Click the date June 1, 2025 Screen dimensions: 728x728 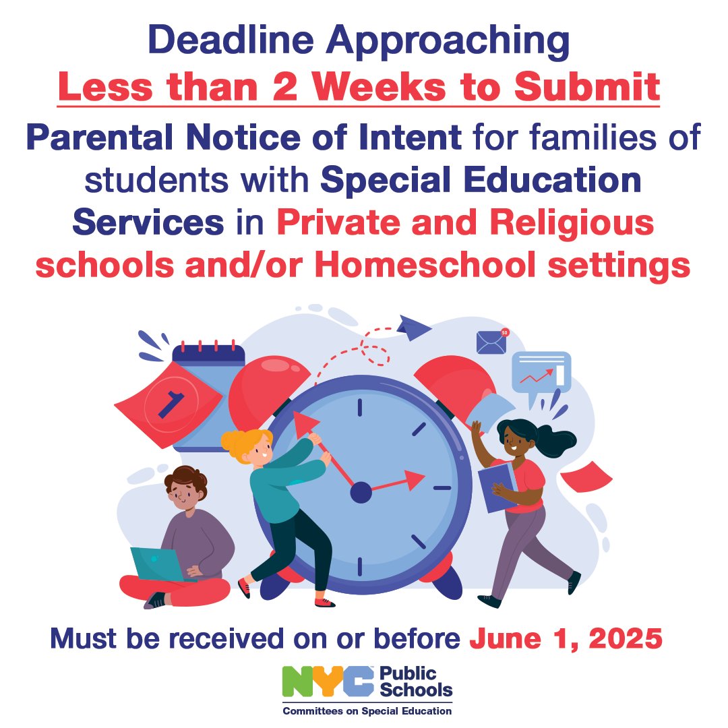[564, 638]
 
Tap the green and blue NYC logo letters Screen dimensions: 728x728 [328, 683]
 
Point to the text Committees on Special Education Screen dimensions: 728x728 [367, 710]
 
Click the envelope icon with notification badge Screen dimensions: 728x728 [491, 342]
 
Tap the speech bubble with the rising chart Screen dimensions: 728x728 [541, 373]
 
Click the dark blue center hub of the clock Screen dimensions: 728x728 [361, 493]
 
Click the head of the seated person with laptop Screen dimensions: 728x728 [183, 488]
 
